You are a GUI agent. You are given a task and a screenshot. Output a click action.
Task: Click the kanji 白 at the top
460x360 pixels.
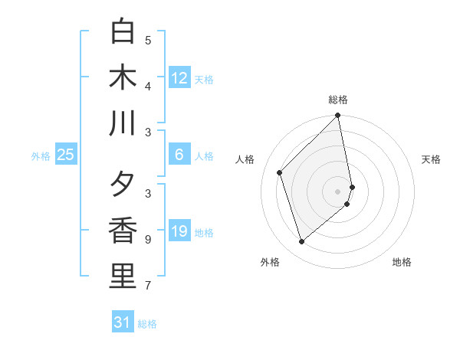click(x=123, y=32)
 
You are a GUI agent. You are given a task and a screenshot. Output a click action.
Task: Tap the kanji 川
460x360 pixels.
click(x=123, y=123)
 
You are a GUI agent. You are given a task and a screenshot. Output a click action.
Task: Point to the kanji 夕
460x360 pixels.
click(x=123, y=185)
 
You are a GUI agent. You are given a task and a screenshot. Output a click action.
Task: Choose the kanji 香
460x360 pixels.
click(x=123, y=231)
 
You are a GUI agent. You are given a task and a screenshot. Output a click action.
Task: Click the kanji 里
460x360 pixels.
click(x=123, y=277)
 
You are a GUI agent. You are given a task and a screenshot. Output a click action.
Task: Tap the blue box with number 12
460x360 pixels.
click(x=179, y=77)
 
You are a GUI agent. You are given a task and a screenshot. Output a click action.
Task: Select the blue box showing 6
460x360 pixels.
click(x=179, y=155)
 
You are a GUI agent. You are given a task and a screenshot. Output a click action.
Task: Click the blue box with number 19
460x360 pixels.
click(x=179, y=231)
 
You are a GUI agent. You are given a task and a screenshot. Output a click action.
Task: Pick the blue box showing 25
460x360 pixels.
click(x=66, y=155)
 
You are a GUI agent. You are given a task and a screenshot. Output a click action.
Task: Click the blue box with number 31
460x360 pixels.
click(x=123, y=322)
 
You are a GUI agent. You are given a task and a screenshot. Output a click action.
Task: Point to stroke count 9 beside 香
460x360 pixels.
click(x=148, y=240)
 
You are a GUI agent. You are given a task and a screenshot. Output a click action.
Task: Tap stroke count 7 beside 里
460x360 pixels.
click(x=148, y=286)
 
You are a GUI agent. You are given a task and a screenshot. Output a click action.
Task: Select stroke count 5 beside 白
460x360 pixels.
click(x=148, y=40)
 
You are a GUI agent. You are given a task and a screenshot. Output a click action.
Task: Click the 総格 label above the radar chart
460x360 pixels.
click(x=338, y=100)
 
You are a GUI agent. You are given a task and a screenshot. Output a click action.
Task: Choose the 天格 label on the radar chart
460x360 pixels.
click(x=432, y=159)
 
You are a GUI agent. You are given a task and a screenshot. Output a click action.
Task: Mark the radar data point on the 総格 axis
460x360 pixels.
click(x=338, y=116)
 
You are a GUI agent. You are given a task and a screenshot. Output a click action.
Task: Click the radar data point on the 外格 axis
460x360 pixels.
click(x=301, y=242)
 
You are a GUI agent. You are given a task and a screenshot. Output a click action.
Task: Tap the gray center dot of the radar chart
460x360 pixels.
click(x=338, y=191)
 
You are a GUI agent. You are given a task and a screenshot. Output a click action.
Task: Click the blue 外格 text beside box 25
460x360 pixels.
click(x=41, y=156)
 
